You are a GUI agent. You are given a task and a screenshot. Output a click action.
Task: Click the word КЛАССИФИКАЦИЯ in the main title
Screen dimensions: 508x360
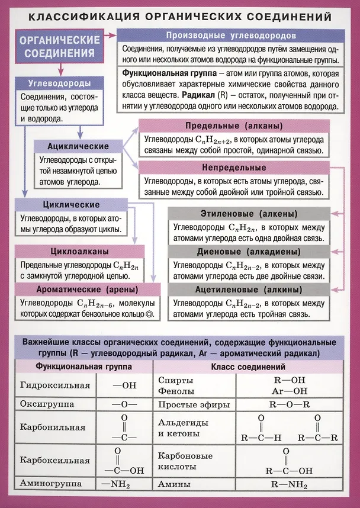[x=83, y=14]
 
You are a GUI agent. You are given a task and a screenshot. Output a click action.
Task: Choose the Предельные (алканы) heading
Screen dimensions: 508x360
[x=233, y=127]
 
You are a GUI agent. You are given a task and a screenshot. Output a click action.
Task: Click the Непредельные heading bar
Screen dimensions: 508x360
[x=233, y=168]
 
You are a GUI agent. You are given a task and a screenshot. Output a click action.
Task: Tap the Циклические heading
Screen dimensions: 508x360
[x=71, y=205]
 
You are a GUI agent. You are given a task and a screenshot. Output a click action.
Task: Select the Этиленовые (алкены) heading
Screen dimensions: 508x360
[x=249, y=213]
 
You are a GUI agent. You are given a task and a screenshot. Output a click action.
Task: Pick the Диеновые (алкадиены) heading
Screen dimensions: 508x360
[x=249, y=251]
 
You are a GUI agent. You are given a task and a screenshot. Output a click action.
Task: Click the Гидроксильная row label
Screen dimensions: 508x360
[x=55, y=385]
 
